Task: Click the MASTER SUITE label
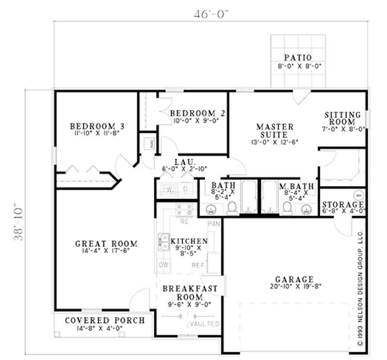click(275, 130)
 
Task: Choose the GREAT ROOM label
click(106, 244)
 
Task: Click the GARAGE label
click(294, 279)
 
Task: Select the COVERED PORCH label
click(104, 320)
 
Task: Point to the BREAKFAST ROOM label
click(189, 293)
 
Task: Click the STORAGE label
click(343, 204)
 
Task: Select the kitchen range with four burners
click(184, 210)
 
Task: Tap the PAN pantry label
click(213, 224)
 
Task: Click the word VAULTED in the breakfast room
click(205, 323)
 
